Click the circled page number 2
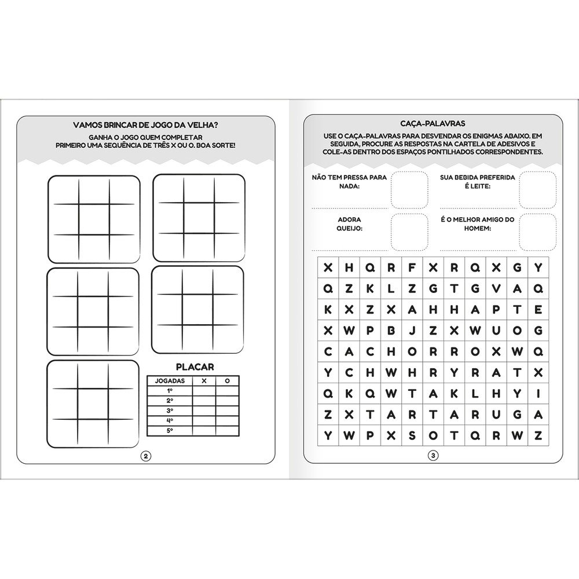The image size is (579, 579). click(x=145, y=456)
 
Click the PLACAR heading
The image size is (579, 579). click(x=195, y=367)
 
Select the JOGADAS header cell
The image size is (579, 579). click(x=171, y=381)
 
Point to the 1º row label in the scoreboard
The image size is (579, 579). click(x=170, y=391)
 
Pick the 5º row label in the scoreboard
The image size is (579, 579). click(x=170, y=430)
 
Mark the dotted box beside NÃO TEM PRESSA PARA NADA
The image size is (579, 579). click(x=409, y=189)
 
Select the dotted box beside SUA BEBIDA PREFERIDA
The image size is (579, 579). click(x=538, y=189)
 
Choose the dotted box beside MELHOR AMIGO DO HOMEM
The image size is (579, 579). click(x=538, y=231)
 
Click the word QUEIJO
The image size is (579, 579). click(x=349, y=229)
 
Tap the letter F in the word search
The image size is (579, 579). click(x=412, y=267)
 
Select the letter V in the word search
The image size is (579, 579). click(x=496, y=288)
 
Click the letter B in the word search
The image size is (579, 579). click(x=391, y=330)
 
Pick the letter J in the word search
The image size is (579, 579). click(x=412, y=330)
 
